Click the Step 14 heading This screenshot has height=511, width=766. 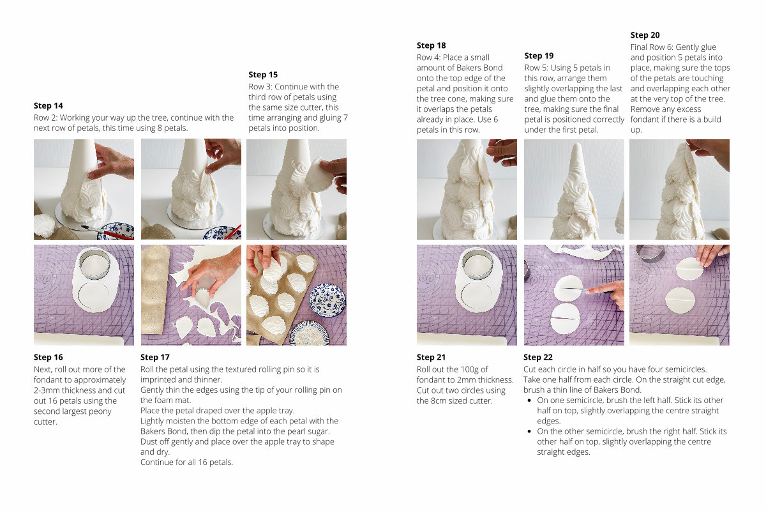click(49, 106)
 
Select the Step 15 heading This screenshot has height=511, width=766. click(263, 75)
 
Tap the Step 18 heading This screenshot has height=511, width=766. click(432, 45)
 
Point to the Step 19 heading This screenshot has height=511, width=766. click(539, 56)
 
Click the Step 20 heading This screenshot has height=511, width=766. click(645, 35)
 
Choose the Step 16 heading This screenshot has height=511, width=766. click(49, 357)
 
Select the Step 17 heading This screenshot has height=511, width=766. click(155, 357)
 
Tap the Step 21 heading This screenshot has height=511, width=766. click(431, 357)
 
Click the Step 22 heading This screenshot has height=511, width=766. click(538, 357)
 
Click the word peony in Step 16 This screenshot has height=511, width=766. click(100, 412)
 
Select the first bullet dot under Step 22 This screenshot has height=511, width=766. click(529, 400)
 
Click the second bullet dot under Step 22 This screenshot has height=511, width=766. click(529, 431)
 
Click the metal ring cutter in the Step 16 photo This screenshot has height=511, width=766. click(94, 264)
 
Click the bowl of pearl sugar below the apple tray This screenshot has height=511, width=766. click(310, 333)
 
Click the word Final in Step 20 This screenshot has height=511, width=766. click(640, 47)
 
